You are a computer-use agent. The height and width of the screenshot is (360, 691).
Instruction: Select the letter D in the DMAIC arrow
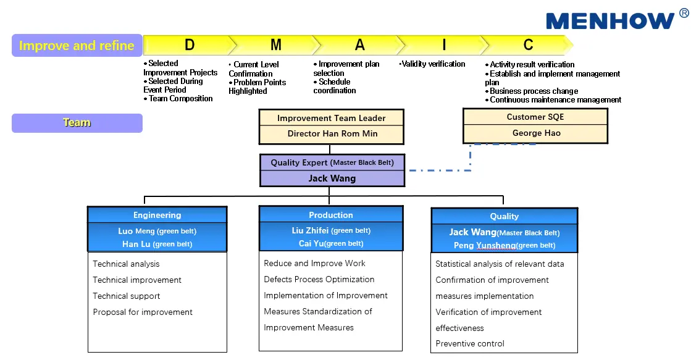pos(190,45)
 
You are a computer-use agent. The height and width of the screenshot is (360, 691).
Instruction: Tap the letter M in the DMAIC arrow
pos(275,45)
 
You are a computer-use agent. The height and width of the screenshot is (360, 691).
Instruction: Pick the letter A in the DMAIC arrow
pos(359,45)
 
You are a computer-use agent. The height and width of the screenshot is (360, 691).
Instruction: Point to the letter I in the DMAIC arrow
pos(443,45)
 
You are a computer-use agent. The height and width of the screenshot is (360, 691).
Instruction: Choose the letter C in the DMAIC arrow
pos(528,45)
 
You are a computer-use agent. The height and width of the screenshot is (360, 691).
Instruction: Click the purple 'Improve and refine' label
pos(77,46)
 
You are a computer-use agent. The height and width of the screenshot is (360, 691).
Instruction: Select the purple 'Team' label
pos(77,123)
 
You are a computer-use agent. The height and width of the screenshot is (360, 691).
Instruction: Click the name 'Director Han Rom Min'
pos(332,133)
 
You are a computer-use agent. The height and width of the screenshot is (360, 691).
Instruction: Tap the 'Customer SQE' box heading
pos(535,117)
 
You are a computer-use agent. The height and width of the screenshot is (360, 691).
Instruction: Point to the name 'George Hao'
pos(536,133)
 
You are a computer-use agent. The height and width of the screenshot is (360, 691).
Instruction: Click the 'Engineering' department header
pos(157,215)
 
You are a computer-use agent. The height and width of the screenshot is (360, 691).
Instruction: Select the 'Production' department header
pos(331,215)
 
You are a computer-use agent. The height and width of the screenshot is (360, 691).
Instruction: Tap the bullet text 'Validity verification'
pos(433,64)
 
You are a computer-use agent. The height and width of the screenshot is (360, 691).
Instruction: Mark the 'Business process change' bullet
pos(534,91)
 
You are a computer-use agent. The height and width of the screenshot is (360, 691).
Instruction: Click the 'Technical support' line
pos(127,296)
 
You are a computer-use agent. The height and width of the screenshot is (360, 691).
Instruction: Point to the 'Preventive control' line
pos(470,343)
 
